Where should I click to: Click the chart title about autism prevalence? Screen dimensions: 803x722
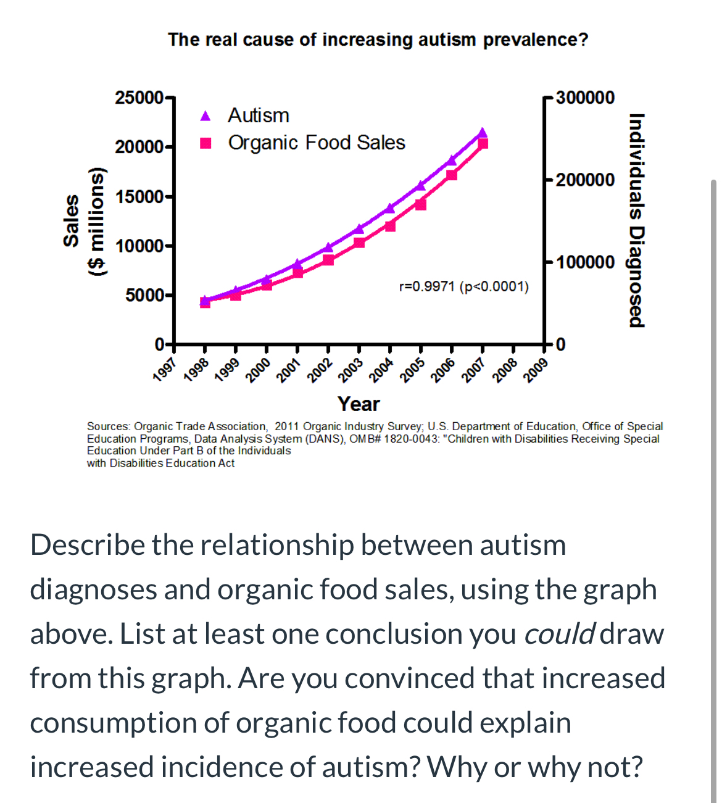pyautogui.click(x=378, y=40)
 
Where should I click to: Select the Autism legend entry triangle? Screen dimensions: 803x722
pyautogui.click(x=206, y=116)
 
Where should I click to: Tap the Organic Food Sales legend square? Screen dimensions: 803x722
pyautogui.click(x=206, y=143)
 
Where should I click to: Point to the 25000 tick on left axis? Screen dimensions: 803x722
pyautogui.click(x=139, y=98)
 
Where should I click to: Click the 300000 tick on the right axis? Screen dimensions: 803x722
pyautogui.click(x=585, y=98)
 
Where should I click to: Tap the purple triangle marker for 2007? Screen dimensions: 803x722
pyautogui.click(x=482, y=133)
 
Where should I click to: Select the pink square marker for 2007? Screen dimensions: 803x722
pyautogui.click(x=483, y=144)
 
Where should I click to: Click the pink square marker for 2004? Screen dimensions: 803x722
pyautogui.click(x=390, y=226)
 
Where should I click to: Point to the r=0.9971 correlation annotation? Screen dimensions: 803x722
pyautogui.click(x=463, y=286)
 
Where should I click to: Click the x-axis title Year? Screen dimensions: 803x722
pyautogui.click(x=359, y=404)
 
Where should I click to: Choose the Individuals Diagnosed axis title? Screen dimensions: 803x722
pyautogui.click(x=637, y=220)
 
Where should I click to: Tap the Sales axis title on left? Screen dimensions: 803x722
pyautogui.click(x=72, y=220)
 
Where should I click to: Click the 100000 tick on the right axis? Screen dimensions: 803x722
pyautogui.click(x=585, y=262)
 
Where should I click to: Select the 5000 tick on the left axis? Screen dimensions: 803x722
pyautogui.click(x=144, y=295)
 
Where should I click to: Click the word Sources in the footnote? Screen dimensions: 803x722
pyautogui.click(x=109, y=426)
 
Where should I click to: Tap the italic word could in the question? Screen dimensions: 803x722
pyautogui.click(x=559, y=634)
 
